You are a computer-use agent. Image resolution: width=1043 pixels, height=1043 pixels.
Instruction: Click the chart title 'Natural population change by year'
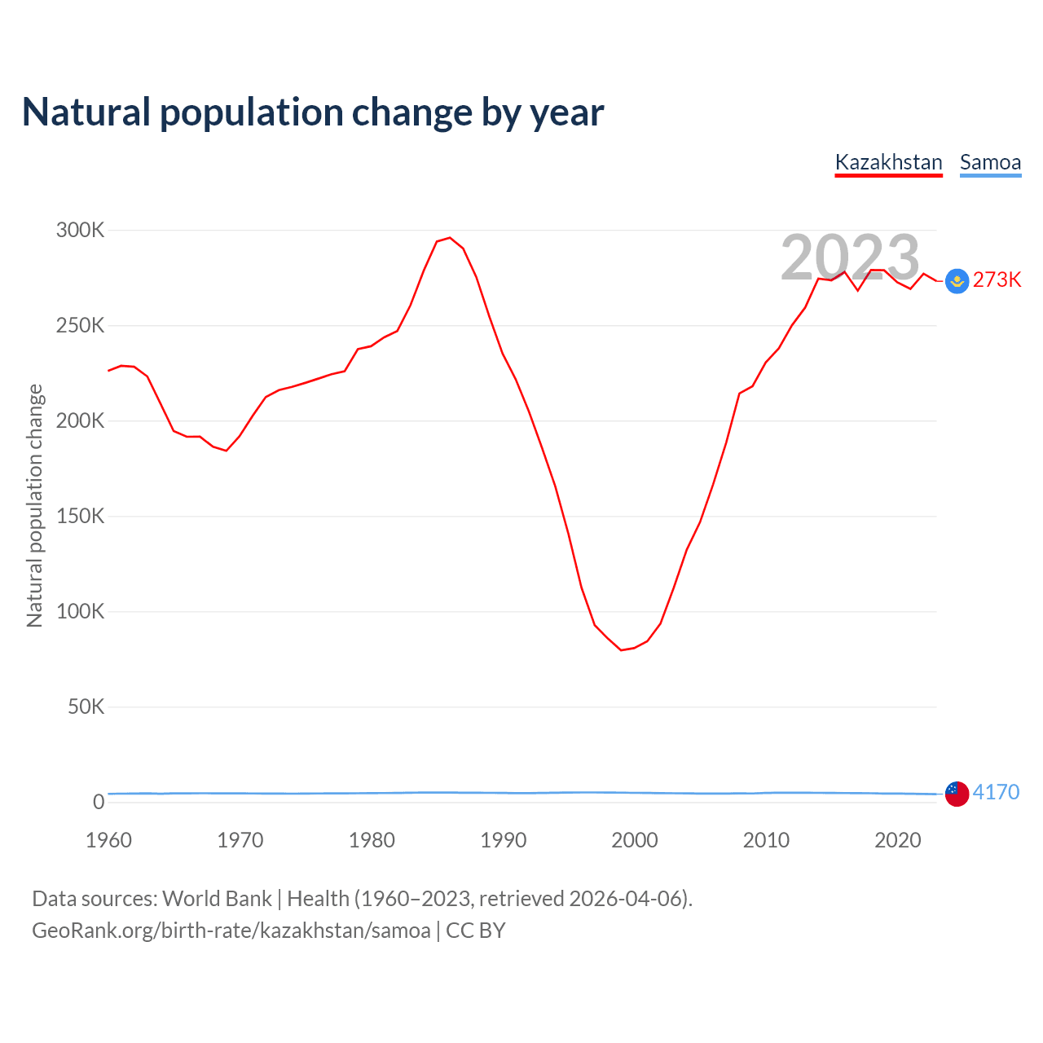click(313, 112)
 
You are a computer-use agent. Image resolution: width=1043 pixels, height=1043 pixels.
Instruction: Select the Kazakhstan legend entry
click(888, 162)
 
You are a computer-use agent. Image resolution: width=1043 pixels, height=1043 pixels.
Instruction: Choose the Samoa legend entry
click(990, 162)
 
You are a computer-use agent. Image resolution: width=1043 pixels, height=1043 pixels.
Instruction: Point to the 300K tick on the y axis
click(81, 231)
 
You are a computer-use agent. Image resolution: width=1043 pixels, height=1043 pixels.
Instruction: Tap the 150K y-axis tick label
click(81, 517)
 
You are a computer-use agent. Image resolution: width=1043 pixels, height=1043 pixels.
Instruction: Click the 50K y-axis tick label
click(86, 707)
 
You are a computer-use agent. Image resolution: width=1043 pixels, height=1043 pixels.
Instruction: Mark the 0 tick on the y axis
click(99, 802)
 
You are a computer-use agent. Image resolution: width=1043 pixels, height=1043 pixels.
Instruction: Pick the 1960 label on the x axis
click(108, 840)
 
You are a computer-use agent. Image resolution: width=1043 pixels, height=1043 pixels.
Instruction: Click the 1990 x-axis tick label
click(503, 840)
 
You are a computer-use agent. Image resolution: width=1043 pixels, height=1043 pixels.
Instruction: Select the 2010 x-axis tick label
click(766, 840)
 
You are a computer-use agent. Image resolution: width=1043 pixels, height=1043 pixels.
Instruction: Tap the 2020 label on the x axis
click(897, 840)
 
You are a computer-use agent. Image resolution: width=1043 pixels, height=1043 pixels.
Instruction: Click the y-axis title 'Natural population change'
click(34, 506)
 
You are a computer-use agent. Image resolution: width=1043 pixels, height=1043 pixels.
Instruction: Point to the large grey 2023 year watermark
click(850, 257)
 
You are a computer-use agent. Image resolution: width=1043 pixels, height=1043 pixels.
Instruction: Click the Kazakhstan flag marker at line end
click(957, 281)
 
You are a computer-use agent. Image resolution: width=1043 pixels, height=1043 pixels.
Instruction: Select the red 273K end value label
click(997, 280)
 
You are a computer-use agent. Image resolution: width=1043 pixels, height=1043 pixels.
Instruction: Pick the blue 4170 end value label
click(996, 792)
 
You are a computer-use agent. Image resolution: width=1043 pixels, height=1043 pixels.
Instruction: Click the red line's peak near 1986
click(450, 238)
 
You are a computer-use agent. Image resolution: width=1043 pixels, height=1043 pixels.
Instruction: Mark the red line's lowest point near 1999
click(621, 650)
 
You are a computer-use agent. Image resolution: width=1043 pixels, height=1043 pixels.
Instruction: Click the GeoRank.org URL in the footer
click(231, 931)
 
